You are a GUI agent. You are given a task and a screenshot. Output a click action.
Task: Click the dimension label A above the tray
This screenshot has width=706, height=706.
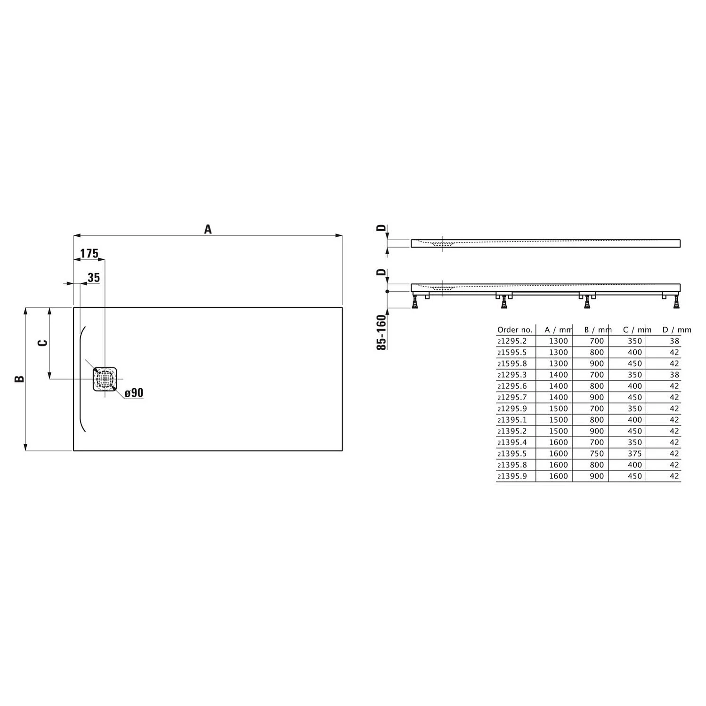pyautogui.click(x=208, y=229)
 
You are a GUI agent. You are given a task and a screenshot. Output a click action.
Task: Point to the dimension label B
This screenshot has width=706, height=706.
pyautogui.click(x=19, y=379)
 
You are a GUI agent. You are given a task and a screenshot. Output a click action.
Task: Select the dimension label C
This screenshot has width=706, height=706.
pyautogui.click(x=43, y=343)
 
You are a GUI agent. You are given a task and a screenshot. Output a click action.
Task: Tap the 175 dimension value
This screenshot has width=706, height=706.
pyautogui.click(x=89, y=254)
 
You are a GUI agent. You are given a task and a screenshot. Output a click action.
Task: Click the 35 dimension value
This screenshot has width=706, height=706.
pyautogui.click(x=94, y=278)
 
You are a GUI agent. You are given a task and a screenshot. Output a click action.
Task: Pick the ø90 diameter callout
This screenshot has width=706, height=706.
pyautogui.click(x=134, y=393)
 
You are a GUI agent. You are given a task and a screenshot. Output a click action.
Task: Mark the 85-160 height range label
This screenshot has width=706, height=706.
pyautogui.click(x=381, y=332)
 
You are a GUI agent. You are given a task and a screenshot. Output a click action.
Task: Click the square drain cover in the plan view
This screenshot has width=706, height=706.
pyautogui.click(x=105, y=378)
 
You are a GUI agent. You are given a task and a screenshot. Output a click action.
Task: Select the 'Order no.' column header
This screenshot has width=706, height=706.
pyautogui.click(x=515, y=329)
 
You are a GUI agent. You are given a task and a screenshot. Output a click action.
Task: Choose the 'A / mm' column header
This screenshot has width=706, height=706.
pyautogui.click(x=558, y=329)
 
